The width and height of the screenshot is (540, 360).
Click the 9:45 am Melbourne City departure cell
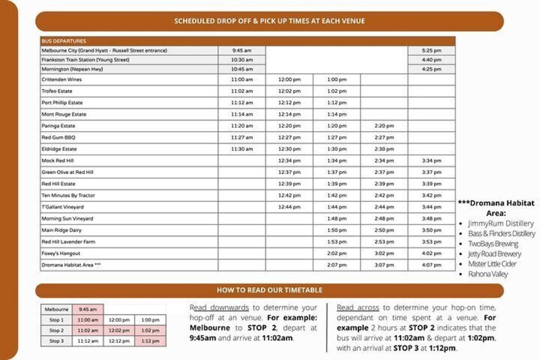[241, 50]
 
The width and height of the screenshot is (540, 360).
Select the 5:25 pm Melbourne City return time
[432, 50]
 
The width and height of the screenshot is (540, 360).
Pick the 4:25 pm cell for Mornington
[432, 69]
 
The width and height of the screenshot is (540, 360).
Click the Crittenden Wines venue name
[62, 80]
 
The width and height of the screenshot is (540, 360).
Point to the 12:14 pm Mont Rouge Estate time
[289, 114]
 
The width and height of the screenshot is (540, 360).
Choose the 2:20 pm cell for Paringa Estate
[384, 126]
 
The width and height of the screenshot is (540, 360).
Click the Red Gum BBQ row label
[59, 138]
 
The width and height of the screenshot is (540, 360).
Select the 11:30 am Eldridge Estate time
[241, 149]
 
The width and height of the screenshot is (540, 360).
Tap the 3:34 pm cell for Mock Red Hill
[432, 161]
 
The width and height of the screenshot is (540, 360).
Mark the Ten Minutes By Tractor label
[68, 195]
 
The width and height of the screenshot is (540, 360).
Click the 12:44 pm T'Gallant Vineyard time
[289, 207]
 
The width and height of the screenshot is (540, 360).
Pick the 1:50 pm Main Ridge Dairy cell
[336, 230]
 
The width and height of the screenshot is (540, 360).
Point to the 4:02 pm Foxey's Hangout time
[432, 253]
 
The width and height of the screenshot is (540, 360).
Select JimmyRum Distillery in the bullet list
[501, 224]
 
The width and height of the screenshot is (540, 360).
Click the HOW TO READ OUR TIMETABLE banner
[269, 290]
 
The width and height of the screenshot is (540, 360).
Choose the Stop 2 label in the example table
[57, 330]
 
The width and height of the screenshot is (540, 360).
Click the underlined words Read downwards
[213, 308]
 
